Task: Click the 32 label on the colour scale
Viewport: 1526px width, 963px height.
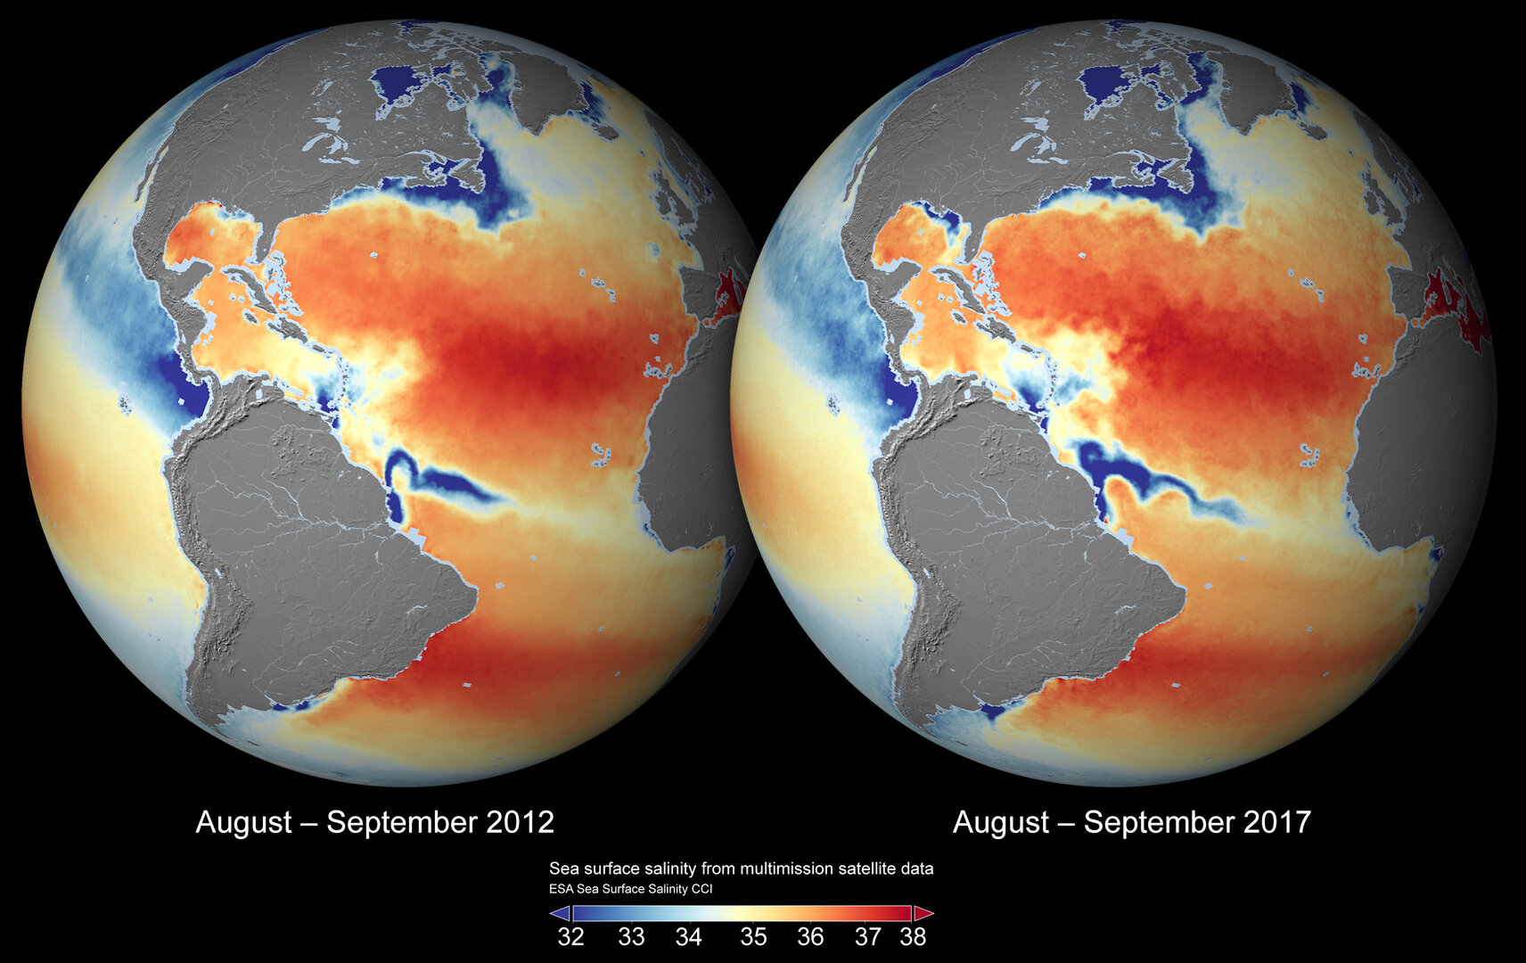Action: pyautogui.click(x=570, y=937)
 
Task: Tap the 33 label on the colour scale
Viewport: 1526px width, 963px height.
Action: pyautogui.click(x=631, y=937)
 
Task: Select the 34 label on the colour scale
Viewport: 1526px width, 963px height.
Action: pyautogui.click(x=688, y=937)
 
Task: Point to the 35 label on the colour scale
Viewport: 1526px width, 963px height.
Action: pyautogui.click(x=753, y=937)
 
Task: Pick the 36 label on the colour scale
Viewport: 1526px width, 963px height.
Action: pyautogui.click(x=810, y=937)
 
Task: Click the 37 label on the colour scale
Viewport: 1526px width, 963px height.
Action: pyautogui.click(x=867, y=937)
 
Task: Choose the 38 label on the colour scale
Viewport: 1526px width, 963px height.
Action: pyautogui.click(x=913, y=937)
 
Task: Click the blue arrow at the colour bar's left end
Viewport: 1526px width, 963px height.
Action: pyautogui.click(x=560, y=913)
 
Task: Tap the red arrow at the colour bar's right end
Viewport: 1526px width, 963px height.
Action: pyautogui.click(x=923, y=913)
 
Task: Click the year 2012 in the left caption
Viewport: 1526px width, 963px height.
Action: pyautogui.click(x=521, y=822)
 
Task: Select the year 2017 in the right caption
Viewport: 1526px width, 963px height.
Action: pyautogui.click(x=1277, y=822)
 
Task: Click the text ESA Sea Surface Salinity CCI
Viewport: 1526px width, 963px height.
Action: pyautogui.click(x=630, y=889)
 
